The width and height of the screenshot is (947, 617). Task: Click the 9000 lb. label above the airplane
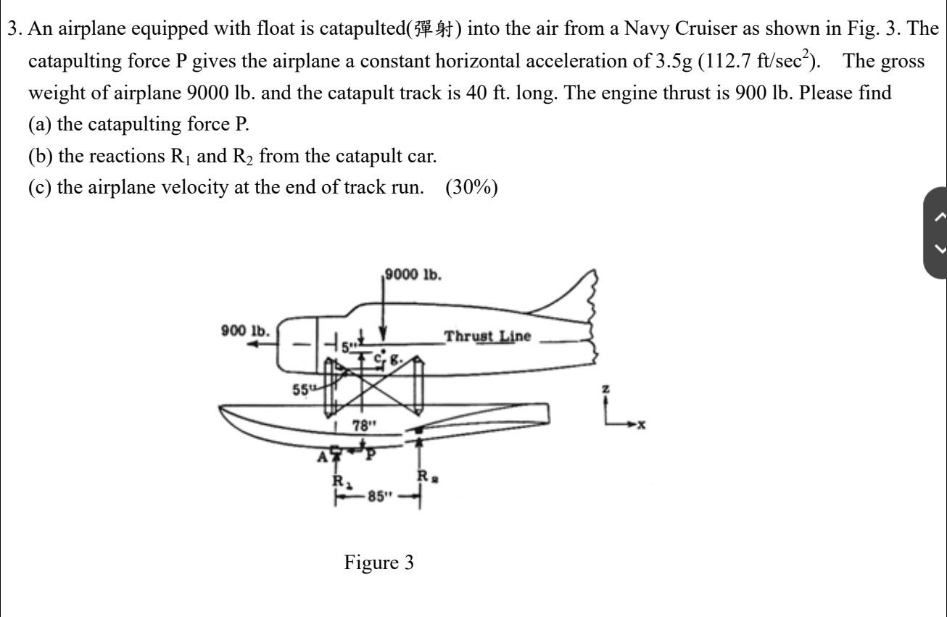(414, 275)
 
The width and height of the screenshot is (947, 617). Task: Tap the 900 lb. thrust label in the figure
(246, 331)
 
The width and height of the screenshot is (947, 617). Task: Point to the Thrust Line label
(487, 336)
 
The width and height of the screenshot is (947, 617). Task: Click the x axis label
(641, 425)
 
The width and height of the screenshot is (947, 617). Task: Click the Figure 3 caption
(379, 563)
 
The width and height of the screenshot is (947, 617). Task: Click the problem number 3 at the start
(13, 29)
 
